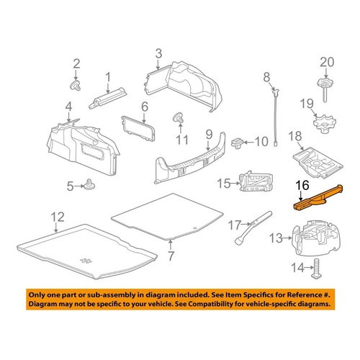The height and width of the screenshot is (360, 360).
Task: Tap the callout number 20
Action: point(327,62)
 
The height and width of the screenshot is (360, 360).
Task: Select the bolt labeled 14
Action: point(317,268)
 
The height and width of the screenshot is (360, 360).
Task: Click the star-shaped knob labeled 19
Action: point(325,123)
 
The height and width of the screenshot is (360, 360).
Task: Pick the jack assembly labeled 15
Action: point(256,181)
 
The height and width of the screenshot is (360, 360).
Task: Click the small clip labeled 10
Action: point(238,143)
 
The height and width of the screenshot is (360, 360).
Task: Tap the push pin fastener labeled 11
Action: point(178,117)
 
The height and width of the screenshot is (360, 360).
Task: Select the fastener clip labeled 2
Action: point(75,86)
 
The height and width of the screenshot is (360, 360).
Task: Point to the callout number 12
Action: point(58,217)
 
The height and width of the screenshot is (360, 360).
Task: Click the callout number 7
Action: point(171,256)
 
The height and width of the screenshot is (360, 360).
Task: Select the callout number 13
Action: point(276,238)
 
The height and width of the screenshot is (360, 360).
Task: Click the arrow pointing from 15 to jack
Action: point(235,184)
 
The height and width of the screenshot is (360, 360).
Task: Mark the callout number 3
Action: point(158,54)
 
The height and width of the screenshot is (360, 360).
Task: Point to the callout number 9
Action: point(209,135)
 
